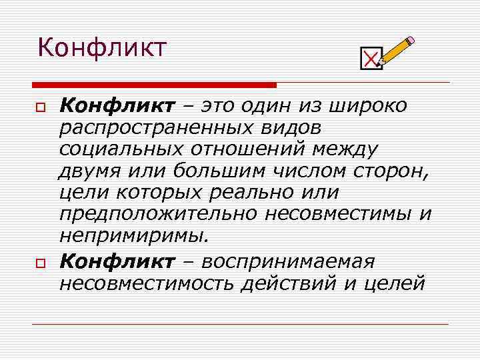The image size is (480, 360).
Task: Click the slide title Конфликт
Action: pyautogui.click(x=102, y=48)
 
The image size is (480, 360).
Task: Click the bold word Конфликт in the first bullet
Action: pyautogui.click(x=117, y=105)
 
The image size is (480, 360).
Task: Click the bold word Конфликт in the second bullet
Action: pyautogui.click(x=117, y=261)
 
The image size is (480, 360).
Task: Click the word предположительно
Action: pyautogui.click(x=159, y=215)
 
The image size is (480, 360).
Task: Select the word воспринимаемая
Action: pyautogui.click(x=290, y=261)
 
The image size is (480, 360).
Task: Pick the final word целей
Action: pyautogui.click(x=393, y=283)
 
